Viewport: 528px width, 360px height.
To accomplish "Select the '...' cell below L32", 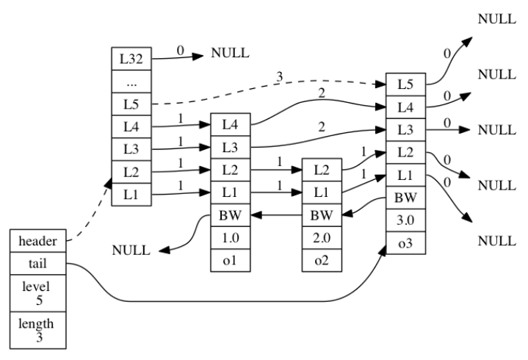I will point(126,80).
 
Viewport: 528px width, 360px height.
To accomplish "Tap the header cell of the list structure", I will point(37,240).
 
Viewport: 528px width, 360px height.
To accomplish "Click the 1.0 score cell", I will point(228,238).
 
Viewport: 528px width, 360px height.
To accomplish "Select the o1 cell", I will point(228,262).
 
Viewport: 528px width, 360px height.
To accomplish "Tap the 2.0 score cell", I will point(321,238).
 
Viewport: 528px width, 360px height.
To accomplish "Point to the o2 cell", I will point(321,262).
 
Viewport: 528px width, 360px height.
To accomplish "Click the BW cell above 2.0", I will point(321,215).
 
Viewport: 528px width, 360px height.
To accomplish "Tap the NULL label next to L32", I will point(230,54).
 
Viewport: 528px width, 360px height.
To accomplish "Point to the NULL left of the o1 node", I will point(131,251).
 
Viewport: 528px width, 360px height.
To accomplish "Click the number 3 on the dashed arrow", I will point(279,76).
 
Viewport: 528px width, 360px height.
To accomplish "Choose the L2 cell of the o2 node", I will point(321,169).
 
